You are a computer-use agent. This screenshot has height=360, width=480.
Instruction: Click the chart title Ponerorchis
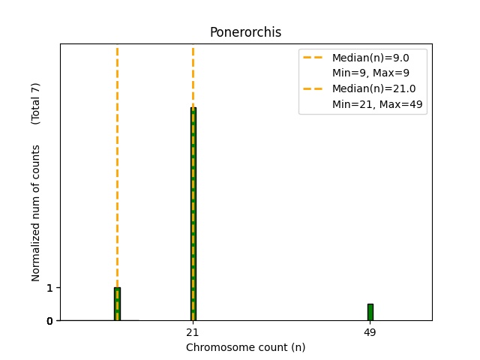245,32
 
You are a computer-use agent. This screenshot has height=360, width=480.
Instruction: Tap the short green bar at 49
370,312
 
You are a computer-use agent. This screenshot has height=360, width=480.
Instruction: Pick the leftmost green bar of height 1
117,304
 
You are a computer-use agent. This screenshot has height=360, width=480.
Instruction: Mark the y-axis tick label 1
49,288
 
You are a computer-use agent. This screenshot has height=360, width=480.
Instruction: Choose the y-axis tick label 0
49,321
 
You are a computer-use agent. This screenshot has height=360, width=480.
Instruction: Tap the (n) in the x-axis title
298,347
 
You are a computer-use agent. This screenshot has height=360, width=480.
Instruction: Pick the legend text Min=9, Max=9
370,73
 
